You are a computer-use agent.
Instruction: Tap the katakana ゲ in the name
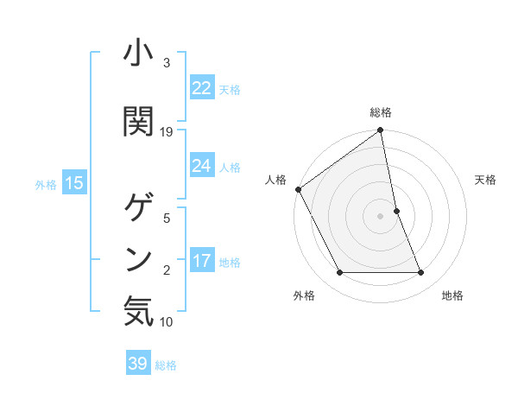coord(138,207)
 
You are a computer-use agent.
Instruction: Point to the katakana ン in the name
coord(138,257)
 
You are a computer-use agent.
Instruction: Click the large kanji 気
coord(138,310)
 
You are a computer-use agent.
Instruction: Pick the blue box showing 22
coord(202,88)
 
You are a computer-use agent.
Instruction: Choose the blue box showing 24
coord(202,166)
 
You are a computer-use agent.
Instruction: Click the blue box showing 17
coord(202,261)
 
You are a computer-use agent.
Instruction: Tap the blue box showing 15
coord(73,183)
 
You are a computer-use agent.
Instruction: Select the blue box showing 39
coord(138,364)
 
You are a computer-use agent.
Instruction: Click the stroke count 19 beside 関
coord(167,131)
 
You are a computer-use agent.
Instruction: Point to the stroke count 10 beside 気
coord(167,322)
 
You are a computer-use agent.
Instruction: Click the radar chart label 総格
coord(381,112)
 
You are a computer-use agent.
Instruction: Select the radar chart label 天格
coord(485,180)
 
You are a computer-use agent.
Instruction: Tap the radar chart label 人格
coord(275,180)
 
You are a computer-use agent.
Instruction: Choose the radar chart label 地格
coord(452,296)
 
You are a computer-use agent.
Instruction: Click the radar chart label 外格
coord(304,296)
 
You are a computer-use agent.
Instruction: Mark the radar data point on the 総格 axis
coord(380,131)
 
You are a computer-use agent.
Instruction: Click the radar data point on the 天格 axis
coord(396,211)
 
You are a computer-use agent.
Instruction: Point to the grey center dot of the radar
coord(380,216)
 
